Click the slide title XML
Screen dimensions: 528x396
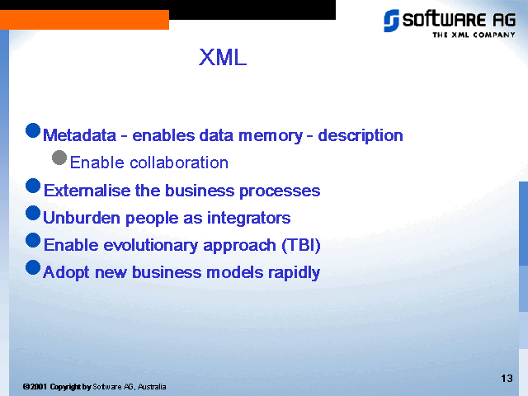tap(223, 57)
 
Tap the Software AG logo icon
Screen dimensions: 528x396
tap(391, 21)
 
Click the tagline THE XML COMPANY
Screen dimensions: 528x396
tap(474, 35)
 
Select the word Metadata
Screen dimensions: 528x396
tap(79, 135)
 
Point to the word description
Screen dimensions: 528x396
tap(361, 136)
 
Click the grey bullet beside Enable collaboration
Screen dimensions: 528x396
tap(59, 158)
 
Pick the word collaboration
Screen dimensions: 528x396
tap(179, 163)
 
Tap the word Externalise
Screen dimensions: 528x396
tap(87, 191)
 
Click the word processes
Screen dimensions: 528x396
tap(280, 191)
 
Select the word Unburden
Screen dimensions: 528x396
tap(81, 218)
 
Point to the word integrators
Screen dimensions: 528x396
tap(248, 218)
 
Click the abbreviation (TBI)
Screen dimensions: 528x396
tap(301, 245)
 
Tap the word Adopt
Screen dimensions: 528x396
tap(66, 273)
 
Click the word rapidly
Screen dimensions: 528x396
tap(294, 273)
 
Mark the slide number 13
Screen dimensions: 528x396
tap(507, 379)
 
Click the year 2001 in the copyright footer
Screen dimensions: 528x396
tap(39, 387)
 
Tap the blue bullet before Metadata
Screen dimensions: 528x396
tap(33, 130)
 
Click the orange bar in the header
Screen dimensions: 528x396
tap(84, 20)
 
